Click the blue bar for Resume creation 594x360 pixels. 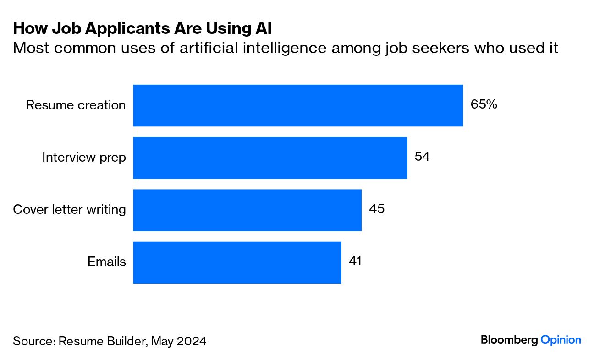pos(298,105)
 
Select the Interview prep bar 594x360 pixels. pos(270,158)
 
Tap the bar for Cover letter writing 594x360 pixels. pos(247,210)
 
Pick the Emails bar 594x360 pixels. pos(237,262)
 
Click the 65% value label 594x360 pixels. pos(484,104)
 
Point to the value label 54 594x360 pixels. pos(422,157)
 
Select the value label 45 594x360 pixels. pos(377,209)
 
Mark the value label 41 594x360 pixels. pos(355,261)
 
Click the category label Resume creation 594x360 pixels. pos(76,105)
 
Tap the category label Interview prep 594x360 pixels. pos(84,158)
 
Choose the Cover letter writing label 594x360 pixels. pos(69,210)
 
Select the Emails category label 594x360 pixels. pos(107,262)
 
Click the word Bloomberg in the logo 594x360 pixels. pos(509,340)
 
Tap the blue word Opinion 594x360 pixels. pos(561,340)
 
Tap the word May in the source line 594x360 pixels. pos(160,341)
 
